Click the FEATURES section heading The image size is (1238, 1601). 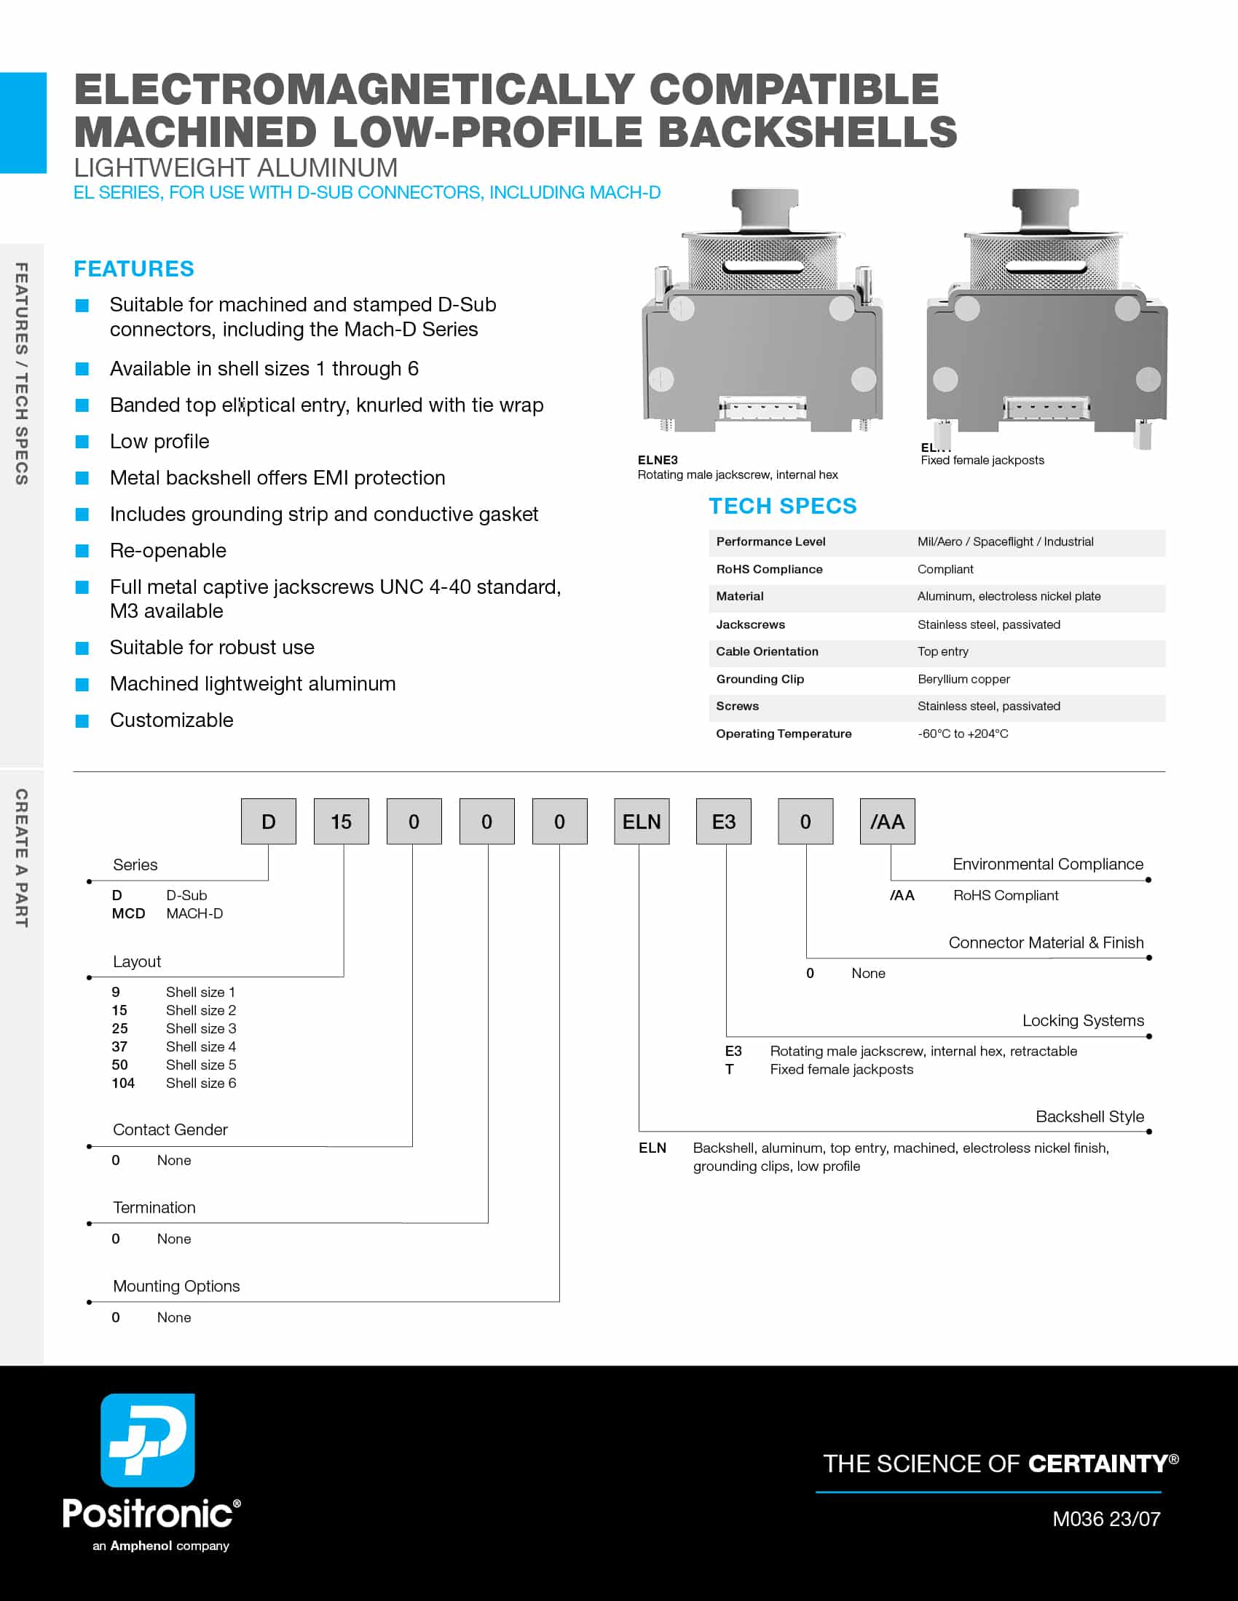point(133,269)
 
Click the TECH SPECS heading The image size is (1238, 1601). point(782,506)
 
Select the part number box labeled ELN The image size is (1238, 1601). point(641,822)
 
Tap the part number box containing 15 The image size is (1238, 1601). point(341,822)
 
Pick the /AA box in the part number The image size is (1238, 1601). point(887,822)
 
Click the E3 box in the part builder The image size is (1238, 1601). point(723,822)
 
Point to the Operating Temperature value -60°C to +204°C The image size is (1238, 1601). point(962,734)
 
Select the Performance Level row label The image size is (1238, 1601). point(770,541)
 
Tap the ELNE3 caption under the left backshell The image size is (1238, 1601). point(657,461)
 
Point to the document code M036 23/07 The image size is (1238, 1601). point(1106,1519)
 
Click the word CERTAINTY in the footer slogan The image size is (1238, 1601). point(1097,1464)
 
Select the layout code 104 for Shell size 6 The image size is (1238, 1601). point(123,1083)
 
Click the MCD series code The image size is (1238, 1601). point(128,913)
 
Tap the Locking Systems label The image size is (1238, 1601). point(1082,1020)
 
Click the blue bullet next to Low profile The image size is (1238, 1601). point(82,442)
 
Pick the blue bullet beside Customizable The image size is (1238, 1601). point(82,721)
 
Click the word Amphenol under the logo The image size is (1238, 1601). point(141,1545)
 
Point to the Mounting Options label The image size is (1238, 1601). point(176,1286)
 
